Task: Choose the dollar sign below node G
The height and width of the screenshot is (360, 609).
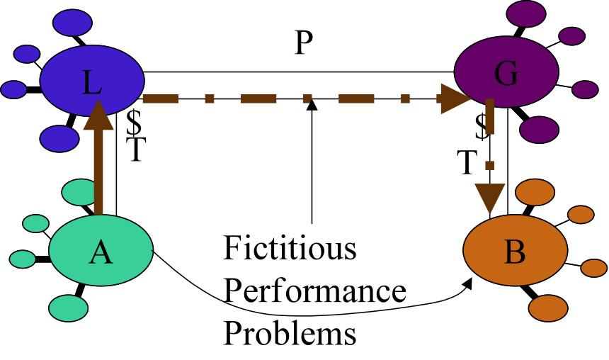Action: (x=482, y=126)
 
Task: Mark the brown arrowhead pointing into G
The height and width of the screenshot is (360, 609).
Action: (x=454, y=99)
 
